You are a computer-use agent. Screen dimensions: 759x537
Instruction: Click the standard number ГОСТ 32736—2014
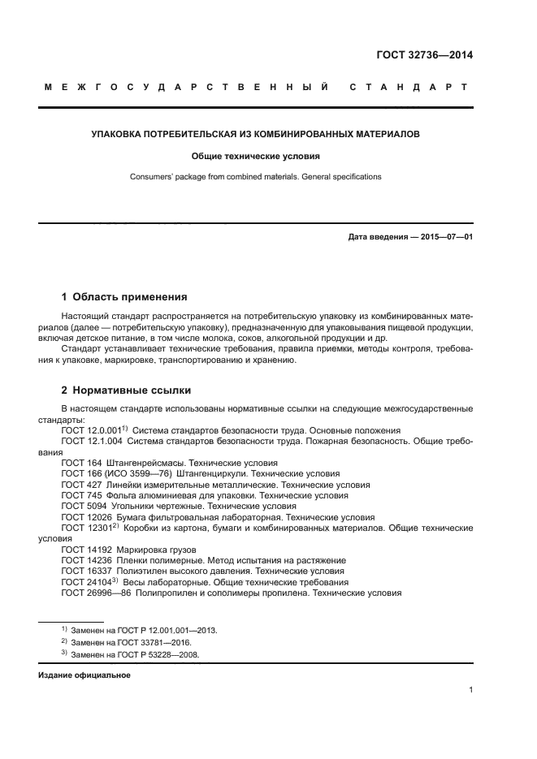point(424,56)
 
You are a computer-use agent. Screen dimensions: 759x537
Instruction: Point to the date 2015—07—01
point(445,237)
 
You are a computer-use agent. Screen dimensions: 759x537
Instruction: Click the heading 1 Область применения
point(124,297)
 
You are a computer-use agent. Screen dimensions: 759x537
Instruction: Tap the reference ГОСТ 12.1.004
point(93,441)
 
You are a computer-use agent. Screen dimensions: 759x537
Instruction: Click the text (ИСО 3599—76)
point(137,473)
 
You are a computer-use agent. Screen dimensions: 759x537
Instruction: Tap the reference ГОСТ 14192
point(84,550)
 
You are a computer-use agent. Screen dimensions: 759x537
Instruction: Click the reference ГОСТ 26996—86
point(95,593)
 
